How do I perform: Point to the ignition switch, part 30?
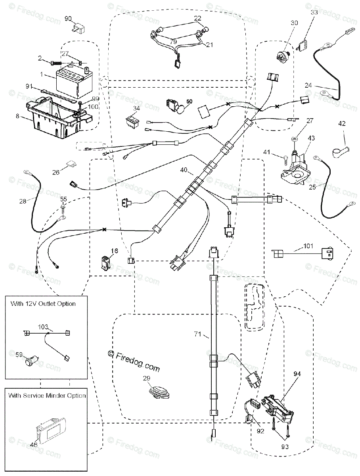pos(282,56)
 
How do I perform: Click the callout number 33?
pos(314,13)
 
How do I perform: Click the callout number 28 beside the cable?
pos(23,201)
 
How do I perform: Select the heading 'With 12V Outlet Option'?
pos(43,304)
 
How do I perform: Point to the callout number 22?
pos(197,18)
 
